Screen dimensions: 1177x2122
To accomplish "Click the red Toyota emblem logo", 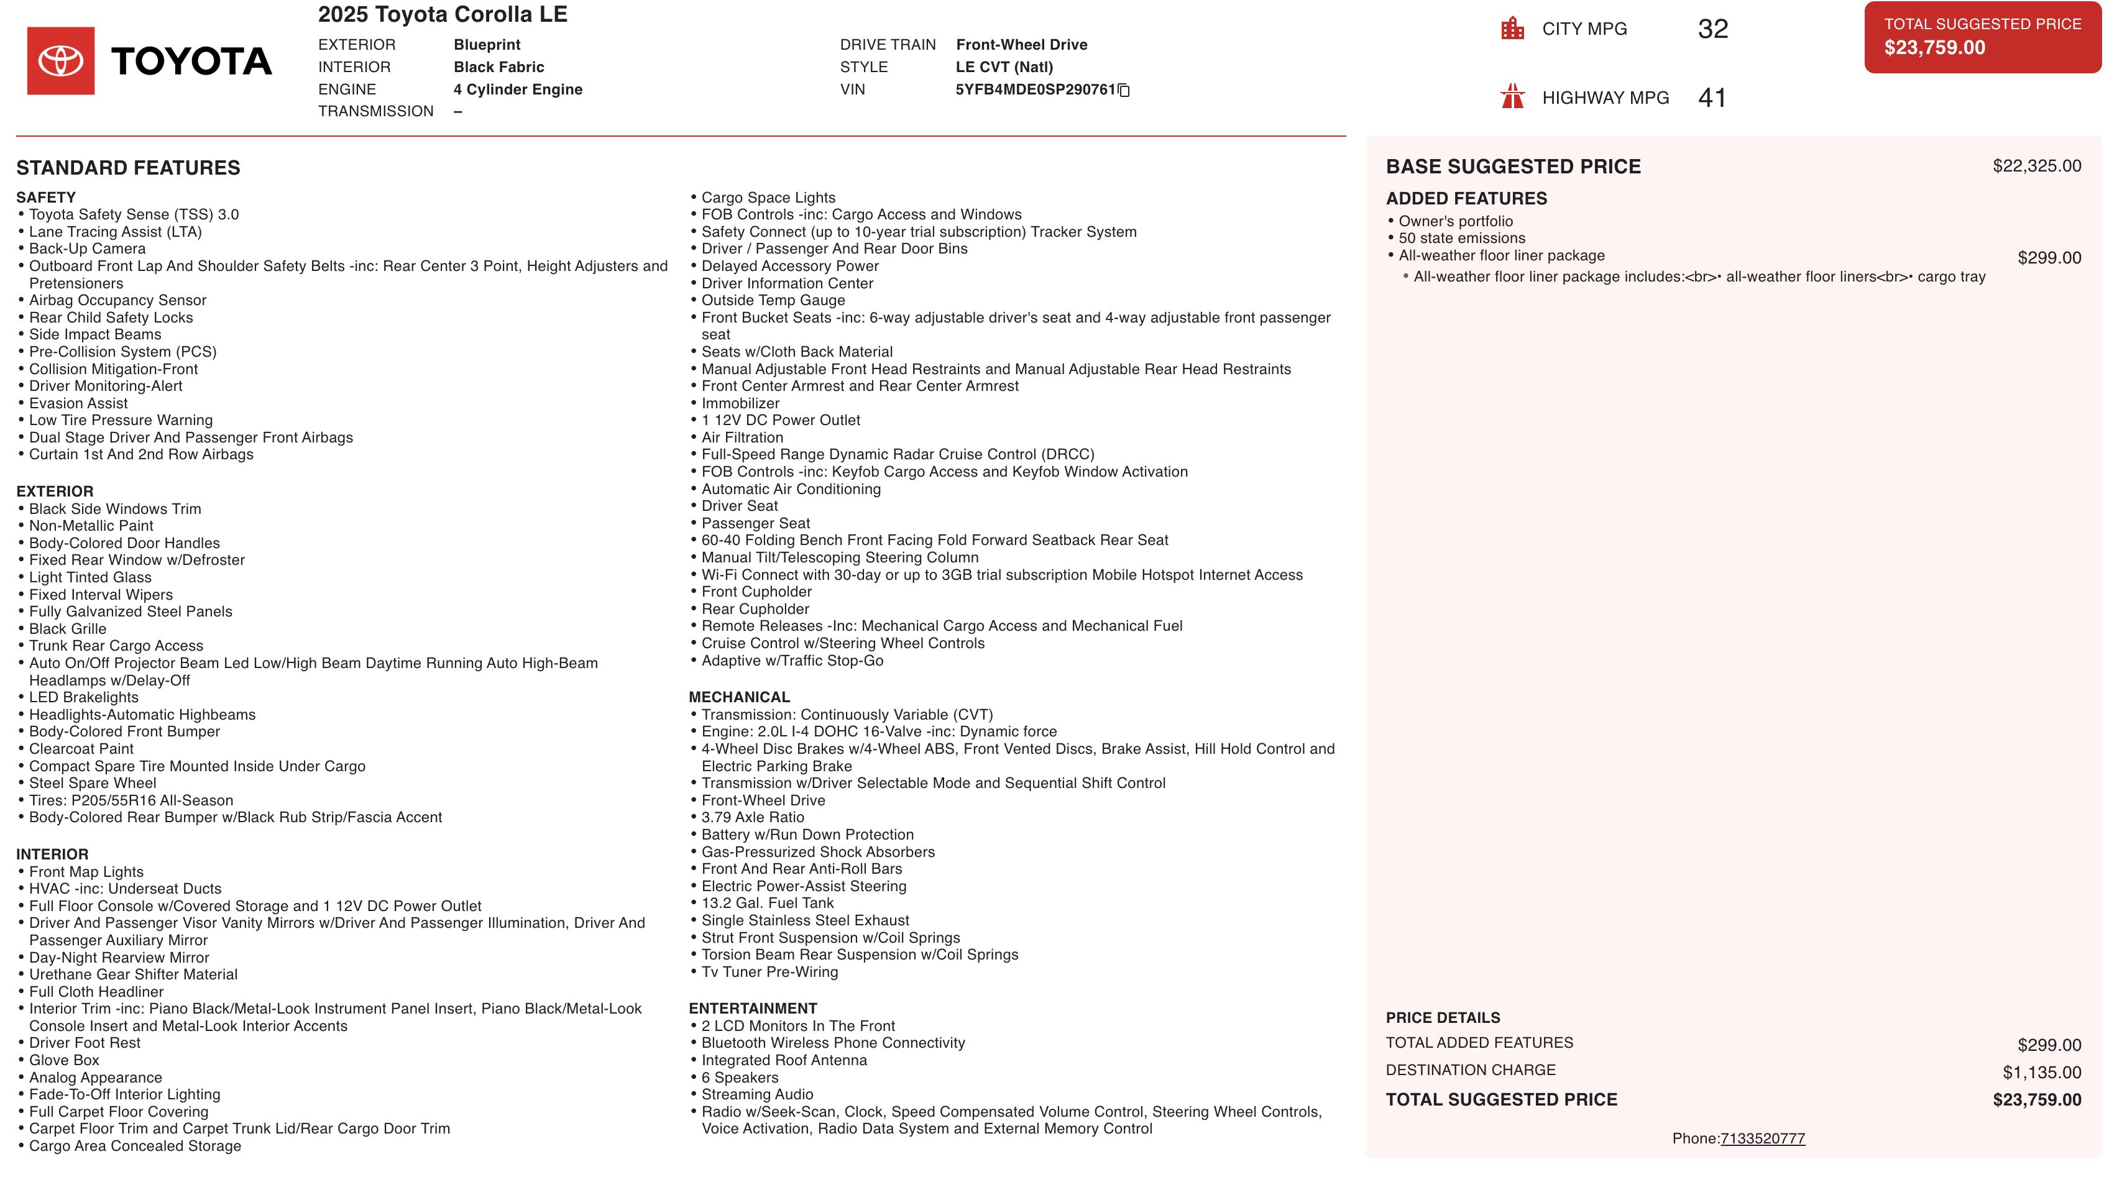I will click(x=61, y=61).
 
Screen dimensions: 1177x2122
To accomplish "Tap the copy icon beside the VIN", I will click(x=1124, y=91).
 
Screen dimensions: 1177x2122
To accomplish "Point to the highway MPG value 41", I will click(x=1712, y=98).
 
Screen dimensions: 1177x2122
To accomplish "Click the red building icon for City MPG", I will click(x=1512, y=29).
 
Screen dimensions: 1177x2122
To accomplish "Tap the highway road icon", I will click(x=1512, y=97).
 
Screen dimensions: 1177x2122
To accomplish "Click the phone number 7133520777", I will click(x=1762, y=1138).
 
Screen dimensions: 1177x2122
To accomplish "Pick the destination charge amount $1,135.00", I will click(x=2041, y=1073).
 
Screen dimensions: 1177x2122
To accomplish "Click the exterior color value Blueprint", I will click(x=487, y=45).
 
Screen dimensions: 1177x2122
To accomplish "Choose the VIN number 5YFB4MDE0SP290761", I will click(x=1035, y=89).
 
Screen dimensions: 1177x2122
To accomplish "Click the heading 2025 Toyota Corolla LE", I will click(x=443, y=15).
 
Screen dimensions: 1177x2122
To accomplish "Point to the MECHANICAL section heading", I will click(x=739, y=697).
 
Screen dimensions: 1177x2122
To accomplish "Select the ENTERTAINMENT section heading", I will click(x=753, y=1008).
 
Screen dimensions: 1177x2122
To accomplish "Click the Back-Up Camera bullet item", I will click(x=87, y=249).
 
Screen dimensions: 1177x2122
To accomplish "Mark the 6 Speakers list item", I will click(x=740, y=1078).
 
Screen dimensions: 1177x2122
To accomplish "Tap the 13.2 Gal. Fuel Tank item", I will click(x=768, y=903).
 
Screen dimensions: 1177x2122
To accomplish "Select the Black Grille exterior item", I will click(x=68, y=628).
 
